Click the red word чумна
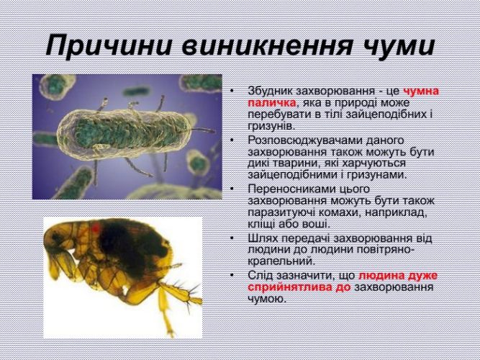tap(421, 91)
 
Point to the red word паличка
tap(272, 103)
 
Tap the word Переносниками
tap(291, 189)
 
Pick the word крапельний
tap(281, 261)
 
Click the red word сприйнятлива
tap(294, 288)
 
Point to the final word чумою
tap(267, 299)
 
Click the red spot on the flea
tap(96, 228)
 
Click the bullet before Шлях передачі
tap(232, 238)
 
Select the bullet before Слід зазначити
tap(232, 275)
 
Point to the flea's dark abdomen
tap(132, 245)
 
